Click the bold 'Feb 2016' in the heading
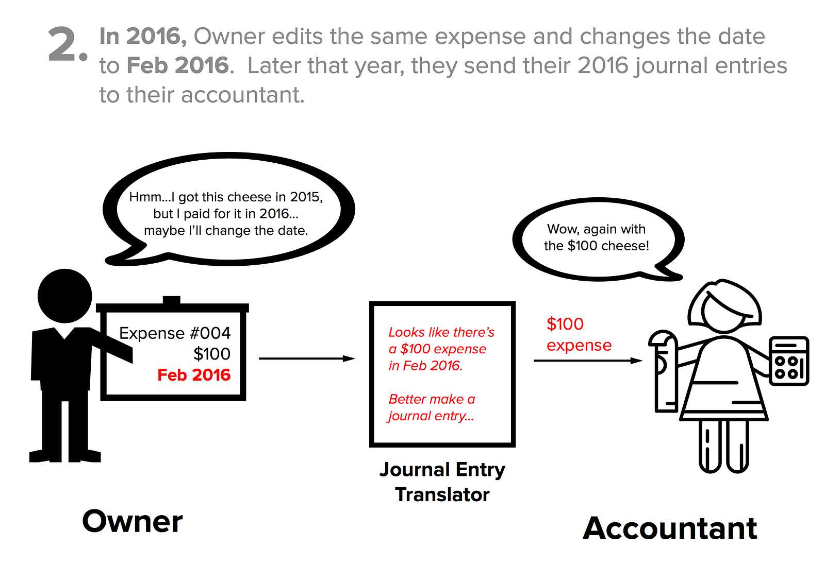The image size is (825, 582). coord(177,65)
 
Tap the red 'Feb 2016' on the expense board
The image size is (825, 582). coord(194,374)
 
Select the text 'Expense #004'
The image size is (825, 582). coord(175,333)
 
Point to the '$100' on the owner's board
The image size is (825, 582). coord(212,354)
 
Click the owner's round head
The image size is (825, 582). coord(64,296)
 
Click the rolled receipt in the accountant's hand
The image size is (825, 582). coord(665,371)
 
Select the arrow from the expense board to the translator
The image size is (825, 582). coord(307,358)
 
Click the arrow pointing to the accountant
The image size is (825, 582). coord(588,361)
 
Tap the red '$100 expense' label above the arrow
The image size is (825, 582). coord(579,334)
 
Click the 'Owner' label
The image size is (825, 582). coord(132,521)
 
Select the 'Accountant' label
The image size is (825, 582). coord(670,528)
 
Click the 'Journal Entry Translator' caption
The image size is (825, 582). coord(442,482)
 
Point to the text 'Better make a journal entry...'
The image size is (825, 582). coord(432,407)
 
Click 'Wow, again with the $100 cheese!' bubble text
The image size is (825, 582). coord(597,237)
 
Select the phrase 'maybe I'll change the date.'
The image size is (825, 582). coord(226,230)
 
